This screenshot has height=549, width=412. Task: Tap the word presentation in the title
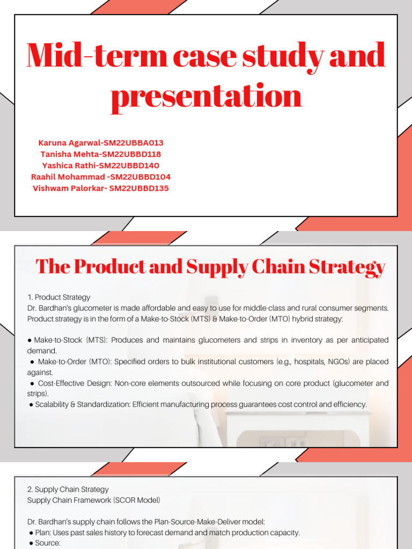206,96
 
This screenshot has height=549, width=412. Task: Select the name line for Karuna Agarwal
101,143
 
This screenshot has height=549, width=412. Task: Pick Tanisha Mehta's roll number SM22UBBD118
131,154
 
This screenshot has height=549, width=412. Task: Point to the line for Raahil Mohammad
101,177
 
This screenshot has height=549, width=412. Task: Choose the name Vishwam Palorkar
69,188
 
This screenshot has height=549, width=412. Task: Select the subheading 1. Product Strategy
59,297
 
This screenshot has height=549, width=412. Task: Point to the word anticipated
362,340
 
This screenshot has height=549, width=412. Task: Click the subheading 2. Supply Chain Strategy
68,489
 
